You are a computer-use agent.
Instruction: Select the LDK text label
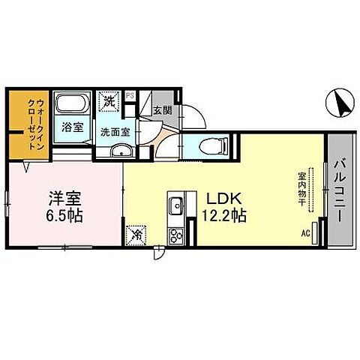tap(217, 200)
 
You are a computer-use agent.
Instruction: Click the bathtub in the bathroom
tap(72, 105)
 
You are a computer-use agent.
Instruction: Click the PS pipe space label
tap(130, 95)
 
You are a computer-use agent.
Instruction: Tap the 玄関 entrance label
tap(162, 109)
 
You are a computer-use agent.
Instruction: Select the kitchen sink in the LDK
tap(176, 204)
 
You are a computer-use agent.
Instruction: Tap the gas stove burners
tap(177, 235)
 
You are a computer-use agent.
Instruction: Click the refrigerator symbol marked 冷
tap(137, 234)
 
